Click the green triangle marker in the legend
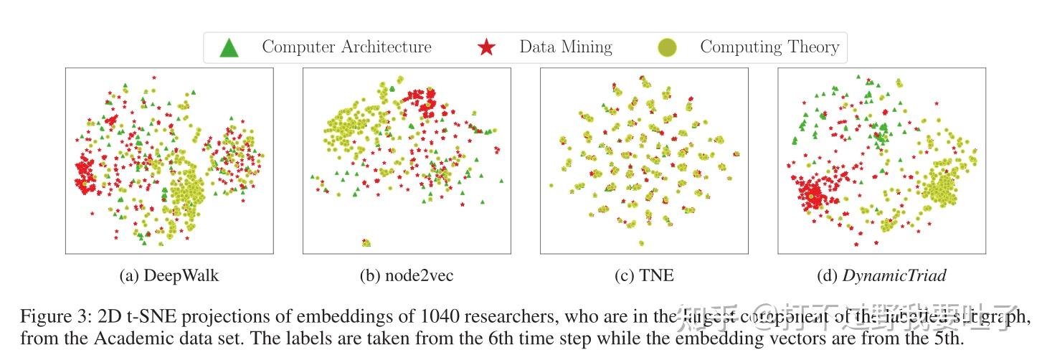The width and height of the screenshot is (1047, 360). (229, 48)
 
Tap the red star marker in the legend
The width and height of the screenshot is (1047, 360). (486, 48)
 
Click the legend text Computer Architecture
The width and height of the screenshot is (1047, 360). (346, 47)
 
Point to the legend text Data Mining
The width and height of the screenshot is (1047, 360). (565, 47)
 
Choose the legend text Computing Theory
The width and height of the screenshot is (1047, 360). (769, 47)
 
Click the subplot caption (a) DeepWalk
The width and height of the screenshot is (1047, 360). (169, 275)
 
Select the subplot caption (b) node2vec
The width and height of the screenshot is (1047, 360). (406, 275)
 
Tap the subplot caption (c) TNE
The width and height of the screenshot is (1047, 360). (643, 275)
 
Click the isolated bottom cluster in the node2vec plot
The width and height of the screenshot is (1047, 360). (366, 243)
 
